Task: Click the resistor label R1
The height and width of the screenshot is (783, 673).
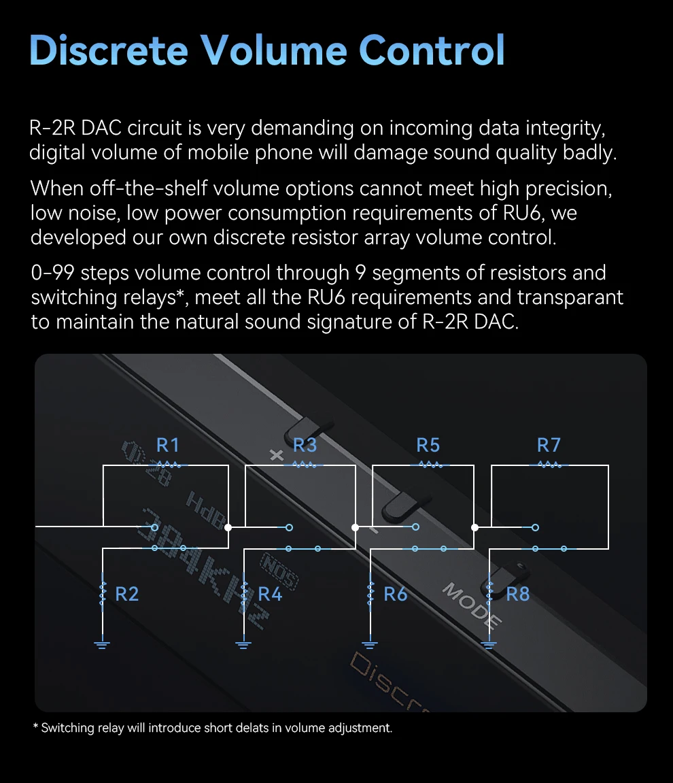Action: [168, 446]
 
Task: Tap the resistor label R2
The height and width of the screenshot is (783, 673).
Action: [126, 595]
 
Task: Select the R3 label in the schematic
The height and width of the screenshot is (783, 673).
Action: [305, 446]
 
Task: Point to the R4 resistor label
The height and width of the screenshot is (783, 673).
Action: [270, 595]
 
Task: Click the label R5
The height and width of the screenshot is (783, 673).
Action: [428, 446]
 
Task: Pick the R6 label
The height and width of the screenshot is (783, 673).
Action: [395, 595]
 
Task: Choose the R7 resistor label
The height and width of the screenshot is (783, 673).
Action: [549, 446]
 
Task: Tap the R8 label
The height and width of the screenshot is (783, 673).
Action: [517, 595]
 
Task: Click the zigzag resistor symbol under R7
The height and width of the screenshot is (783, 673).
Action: [549, 465]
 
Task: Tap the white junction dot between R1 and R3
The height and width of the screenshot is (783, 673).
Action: [228, 527]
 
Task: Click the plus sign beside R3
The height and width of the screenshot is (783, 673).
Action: [277, 455]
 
